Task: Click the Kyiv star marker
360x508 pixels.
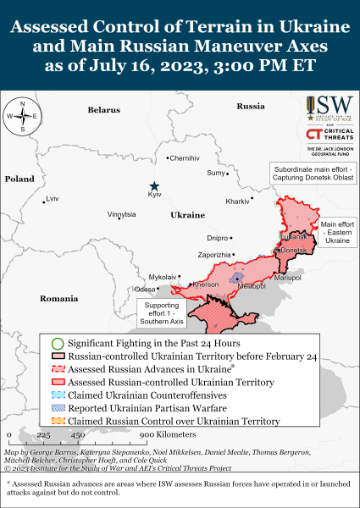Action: [154, 186]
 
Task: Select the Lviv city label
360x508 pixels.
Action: [53, 199]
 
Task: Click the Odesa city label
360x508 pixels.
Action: [145, 289]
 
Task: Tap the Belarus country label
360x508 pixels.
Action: [104, 110]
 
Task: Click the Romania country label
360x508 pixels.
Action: [58, 299]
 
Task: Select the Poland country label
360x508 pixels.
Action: [19, 179]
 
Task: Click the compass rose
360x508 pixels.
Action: [23, 116]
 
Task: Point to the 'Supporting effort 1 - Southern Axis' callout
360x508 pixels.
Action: [158, 314]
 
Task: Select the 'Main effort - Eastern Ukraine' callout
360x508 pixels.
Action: [335, 232]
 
